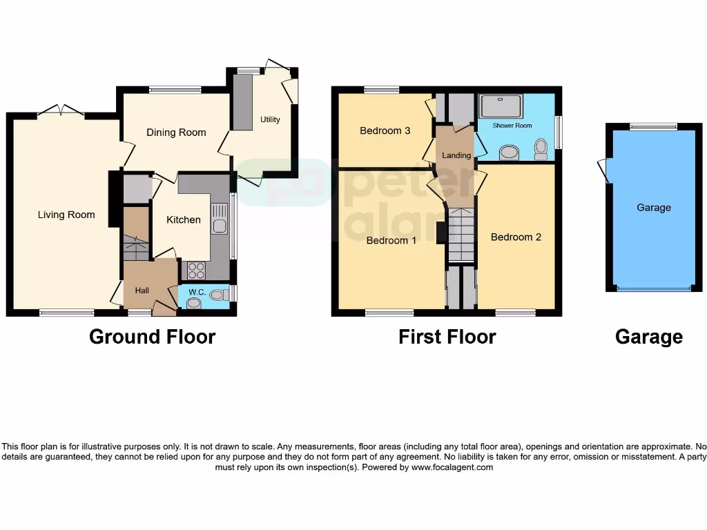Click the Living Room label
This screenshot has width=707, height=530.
[x=66, y=215]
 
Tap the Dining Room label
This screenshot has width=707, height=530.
[x=176, y=132]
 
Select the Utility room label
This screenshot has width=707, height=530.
[x=270, y=119]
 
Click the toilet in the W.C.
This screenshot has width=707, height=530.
[x=218, y=295]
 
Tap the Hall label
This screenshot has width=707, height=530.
[x=142, y=291]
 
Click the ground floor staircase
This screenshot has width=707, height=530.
[x=137, y=244]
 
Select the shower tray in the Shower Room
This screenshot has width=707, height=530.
[x=504, y=106]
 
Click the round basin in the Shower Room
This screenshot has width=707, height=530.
[x=510, y=152]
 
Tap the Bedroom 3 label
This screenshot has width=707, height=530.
[x=385, y=130]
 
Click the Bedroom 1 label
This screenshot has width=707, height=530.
[x=391, y=240]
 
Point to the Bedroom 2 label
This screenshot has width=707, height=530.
[x=516, y=237]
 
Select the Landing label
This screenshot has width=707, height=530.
[x=456, y=155]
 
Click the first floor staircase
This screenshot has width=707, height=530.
[x=461, y=235]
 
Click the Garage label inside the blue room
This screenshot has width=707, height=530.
[x=653, y=208]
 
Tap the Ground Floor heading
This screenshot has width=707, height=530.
[x=153, y=337]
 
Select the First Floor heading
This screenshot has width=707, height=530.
[x=447, y=337]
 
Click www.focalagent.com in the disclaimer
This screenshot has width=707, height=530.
[x=452, y=467]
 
